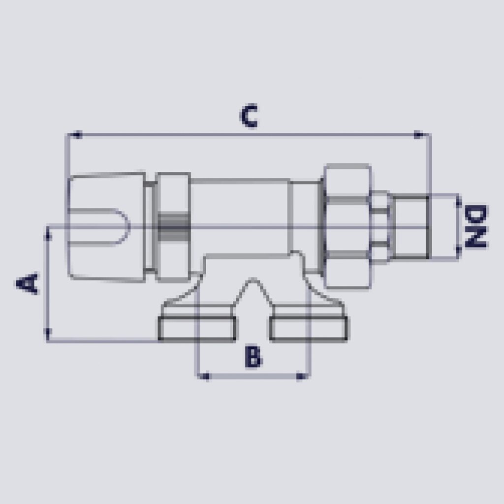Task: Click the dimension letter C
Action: pos(249,116)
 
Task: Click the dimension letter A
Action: pos(28,283)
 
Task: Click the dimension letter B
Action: pos(253,357)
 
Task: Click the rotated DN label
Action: pos(476,226)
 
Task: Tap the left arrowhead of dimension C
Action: pos(74,134)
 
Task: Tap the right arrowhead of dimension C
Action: pos(420,134)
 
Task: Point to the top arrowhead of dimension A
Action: pos(48,233)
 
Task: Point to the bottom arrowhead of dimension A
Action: pos(48,334)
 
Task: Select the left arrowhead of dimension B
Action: pos(204,377)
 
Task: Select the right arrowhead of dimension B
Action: pos(301,377)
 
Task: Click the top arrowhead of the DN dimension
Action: pos(458,201)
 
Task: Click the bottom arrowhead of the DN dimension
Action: pos(458,252)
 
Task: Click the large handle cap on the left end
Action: pos(106,226)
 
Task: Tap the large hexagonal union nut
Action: pos(347,226)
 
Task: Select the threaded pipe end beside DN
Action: pos(410,226)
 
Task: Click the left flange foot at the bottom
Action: pos(197,328)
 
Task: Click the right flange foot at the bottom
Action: pos(309,328)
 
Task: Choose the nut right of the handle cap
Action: pos(172,226)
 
